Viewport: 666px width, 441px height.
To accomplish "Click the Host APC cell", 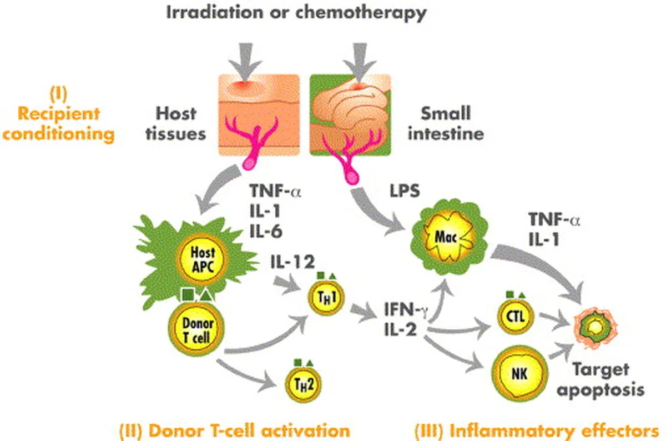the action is (x=202, y=259).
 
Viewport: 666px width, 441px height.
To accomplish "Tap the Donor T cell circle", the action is (x=196, y=329).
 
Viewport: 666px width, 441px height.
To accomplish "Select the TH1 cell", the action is (x=326, y=298).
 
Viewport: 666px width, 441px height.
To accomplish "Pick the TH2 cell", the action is (x=303, y=384).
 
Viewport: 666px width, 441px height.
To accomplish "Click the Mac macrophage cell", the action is (x=448, y=238).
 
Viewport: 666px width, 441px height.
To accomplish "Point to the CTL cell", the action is (x=516, y=317).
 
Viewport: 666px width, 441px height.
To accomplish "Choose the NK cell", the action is (x=519, y=374).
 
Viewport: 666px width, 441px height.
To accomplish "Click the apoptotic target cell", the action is (x=596, y=328).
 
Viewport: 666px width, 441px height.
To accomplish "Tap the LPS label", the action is (x=405, y=191).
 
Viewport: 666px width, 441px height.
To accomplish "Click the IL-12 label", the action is (x=292, y=262).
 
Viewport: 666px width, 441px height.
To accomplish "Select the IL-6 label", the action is (x=266, y=232).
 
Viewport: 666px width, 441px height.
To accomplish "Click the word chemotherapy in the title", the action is (x=361, y=13).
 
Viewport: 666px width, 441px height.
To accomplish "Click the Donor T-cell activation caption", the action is (x=235, y=431).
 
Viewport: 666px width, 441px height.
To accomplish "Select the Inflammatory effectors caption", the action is (x=537, y=431).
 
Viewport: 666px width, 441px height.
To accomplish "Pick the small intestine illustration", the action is (x=350, y=115).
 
